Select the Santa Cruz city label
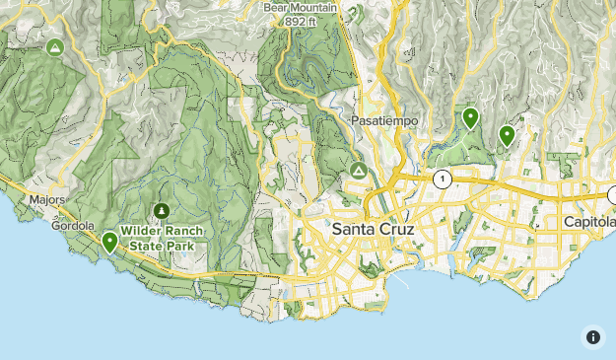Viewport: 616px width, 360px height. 374,229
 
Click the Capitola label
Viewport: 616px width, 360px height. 589,222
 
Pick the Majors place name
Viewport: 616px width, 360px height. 46,200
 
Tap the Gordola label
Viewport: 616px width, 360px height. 75,226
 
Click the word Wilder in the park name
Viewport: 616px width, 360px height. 141,231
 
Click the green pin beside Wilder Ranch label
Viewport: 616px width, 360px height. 109,241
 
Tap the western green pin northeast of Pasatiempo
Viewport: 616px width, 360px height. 471,117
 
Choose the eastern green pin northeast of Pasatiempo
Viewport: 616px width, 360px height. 507,135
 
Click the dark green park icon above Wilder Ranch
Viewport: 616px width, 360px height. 161,210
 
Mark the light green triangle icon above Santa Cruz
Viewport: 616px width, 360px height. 358,172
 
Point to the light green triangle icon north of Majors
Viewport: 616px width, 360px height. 55,47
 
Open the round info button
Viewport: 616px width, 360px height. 592,336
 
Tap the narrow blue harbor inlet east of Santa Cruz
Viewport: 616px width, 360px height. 452,260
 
